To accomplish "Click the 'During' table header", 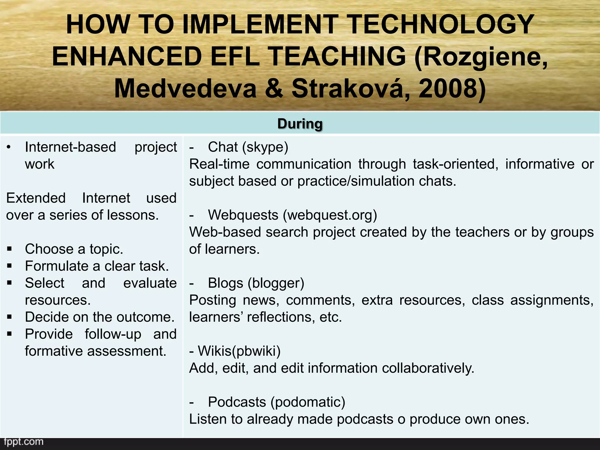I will pos(300,124).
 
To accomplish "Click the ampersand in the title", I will pos(274,89).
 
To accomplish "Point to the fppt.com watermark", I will pos(23,442).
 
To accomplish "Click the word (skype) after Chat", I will pos(265,147).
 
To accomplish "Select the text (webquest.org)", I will pos(330,215).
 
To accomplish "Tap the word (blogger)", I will pos(276,283).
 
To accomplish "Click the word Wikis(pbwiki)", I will pos(239,351).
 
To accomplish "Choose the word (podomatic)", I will pos(308,402).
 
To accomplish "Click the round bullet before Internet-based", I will pos(9,147).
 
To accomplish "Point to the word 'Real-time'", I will pos(219,164).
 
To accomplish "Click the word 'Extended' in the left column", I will pos(36,198).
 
